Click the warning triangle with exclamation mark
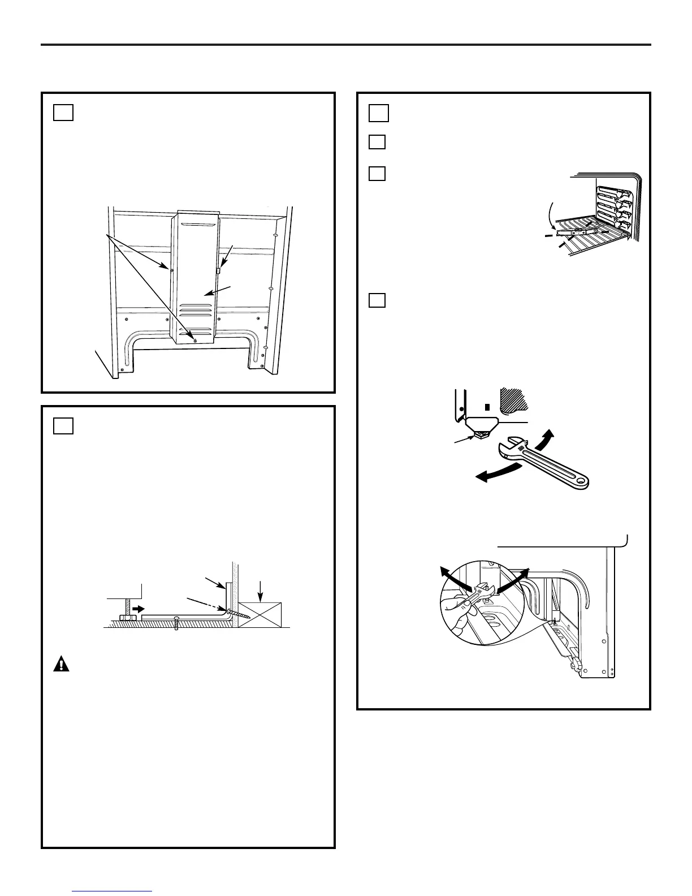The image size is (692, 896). tap(61, 664)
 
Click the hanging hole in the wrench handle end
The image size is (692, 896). tap(579, 481)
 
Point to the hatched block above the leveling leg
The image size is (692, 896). tap(514, 399)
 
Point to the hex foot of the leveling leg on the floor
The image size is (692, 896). tap(125, 618)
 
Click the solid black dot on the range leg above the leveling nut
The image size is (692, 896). tap(462, 407)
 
